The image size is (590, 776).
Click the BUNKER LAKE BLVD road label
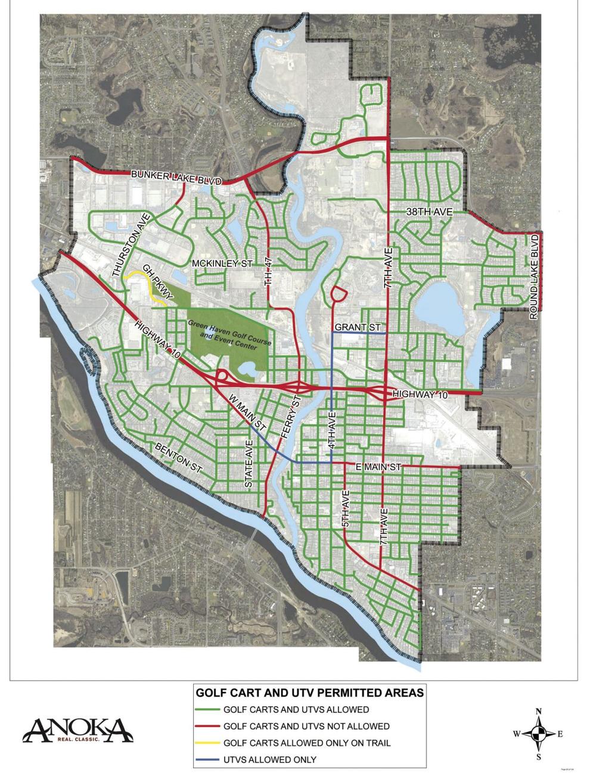click(x=176, y=178)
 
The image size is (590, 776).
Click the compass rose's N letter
click(x=538, y=711)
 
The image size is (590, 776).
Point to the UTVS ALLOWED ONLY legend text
click(x=269, y=759)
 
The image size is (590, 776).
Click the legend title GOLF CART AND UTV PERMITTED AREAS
click(x=310, y=693)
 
